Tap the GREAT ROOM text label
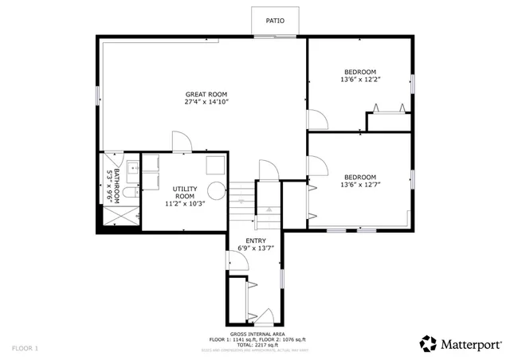(206, 94)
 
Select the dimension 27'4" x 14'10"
(206, 103)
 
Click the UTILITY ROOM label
(184, 192)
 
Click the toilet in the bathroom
(131, 193)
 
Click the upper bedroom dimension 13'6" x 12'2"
(360, 80)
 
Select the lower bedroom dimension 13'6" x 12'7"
(360, 186)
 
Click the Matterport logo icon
(428, 343)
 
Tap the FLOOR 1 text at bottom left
(25, 348)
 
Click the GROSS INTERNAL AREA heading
(256, 334)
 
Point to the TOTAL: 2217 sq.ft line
(256, 345)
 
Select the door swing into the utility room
(181, 141)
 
